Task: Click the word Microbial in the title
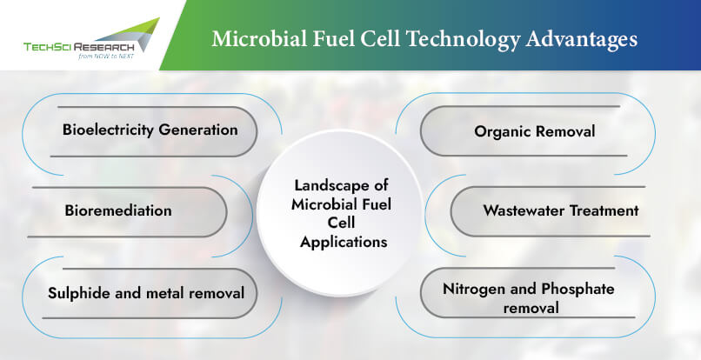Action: tap(259, 38)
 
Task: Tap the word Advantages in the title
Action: tap(581, 40)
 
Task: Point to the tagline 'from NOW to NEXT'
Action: tap(106, 57)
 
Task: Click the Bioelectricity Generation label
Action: tap(150, 130)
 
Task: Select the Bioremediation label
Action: tap(118, 210)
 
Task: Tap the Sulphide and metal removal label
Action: tap(146, 293)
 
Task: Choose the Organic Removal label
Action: tap(535, 131)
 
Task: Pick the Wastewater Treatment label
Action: tap(561, 210)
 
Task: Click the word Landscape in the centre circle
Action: tap(341, 185)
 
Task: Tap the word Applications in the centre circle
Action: tap(344, 243)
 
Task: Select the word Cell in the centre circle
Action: tap(341, 223)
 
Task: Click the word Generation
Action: tap(198, 130)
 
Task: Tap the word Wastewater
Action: tap(524, 210)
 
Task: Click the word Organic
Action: tap(503, 132)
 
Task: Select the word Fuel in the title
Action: tap(333, 38)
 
